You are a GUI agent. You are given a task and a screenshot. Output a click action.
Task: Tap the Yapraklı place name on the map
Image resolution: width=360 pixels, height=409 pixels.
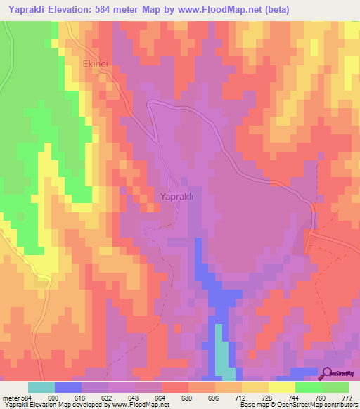point(181,197)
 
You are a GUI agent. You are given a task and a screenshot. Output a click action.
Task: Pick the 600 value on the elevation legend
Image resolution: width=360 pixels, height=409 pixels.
point(54,398)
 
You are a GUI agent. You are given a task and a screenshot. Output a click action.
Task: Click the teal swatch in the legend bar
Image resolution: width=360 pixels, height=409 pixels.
point(41,387)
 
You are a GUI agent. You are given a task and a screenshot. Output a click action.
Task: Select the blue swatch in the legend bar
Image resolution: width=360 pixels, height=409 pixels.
point(67,387)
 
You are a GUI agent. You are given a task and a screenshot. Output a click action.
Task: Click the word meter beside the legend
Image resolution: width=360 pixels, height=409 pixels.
point(11,398)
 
